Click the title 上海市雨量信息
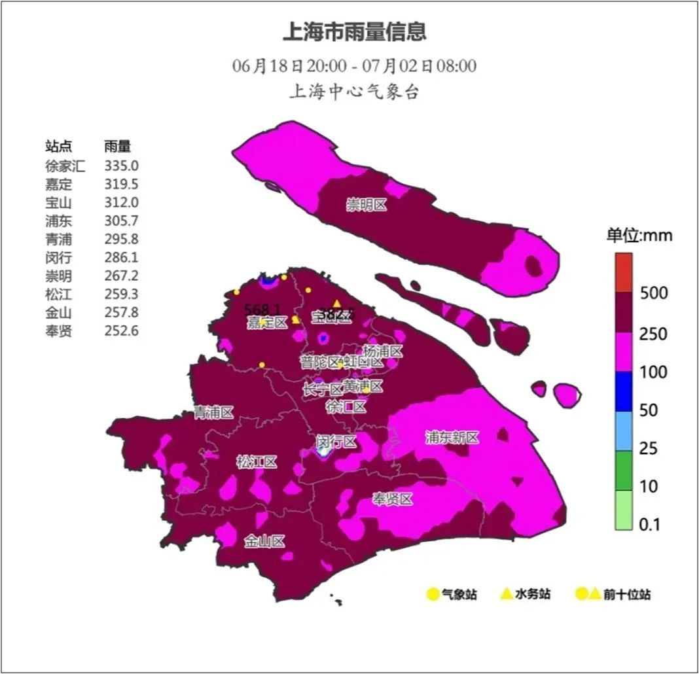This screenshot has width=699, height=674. point(354,31)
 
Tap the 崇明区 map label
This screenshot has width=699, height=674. point(367,205)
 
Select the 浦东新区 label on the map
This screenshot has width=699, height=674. point(452,438)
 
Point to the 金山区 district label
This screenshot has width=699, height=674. point(264,542)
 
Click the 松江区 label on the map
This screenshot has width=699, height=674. point(256,463)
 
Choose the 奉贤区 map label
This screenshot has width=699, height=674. point(393,500)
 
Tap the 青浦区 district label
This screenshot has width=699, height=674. point(213,412)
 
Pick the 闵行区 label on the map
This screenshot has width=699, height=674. point(336,442)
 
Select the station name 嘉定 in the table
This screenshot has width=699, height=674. point(59,184)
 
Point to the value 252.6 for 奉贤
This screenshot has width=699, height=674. point(121,330)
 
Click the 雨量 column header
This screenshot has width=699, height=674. point(117,147)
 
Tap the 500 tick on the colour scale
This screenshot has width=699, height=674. point(654,293)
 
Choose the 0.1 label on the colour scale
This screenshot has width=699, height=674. point(650,524)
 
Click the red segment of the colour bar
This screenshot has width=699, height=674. point(623,272)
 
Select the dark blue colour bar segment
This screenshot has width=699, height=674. point(623,391)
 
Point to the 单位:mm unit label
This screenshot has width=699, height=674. point(639,236)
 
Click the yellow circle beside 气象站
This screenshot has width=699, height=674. point(432,594)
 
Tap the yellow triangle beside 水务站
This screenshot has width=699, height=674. point(506,594)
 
